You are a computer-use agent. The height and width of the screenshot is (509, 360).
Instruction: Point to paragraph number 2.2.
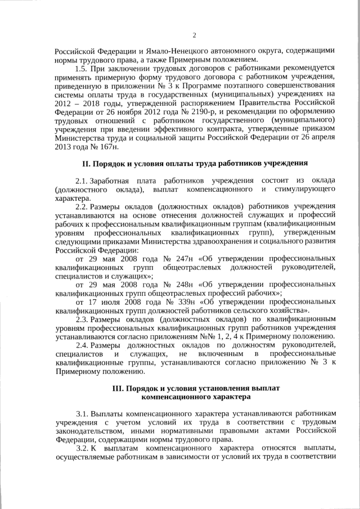click(x=82, y=206)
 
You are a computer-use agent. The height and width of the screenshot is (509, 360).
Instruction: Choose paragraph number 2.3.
click(x=82, y=319)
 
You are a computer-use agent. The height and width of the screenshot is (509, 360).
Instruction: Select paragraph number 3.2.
click(x=82, y=448)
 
